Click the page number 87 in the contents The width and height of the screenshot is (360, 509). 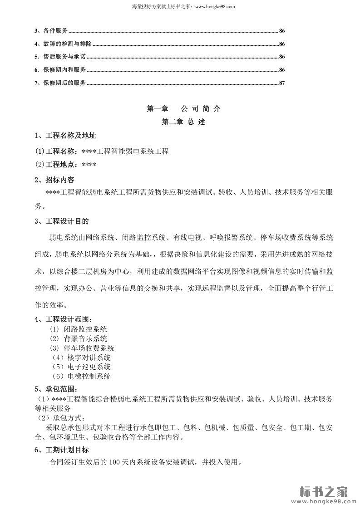(281, 83)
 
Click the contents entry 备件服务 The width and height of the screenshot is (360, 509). (55, 31)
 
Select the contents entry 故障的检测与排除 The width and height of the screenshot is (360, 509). (67, 44)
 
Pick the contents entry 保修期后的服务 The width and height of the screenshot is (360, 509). (64, 83)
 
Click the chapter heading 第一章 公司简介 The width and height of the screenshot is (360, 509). (183, 109)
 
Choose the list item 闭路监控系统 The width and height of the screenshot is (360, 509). (85, 329)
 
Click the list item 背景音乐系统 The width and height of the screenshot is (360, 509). (85, 339)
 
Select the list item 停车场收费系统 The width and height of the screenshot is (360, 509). (89, 348)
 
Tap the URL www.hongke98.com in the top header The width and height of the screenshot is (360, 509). (214, 7)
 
